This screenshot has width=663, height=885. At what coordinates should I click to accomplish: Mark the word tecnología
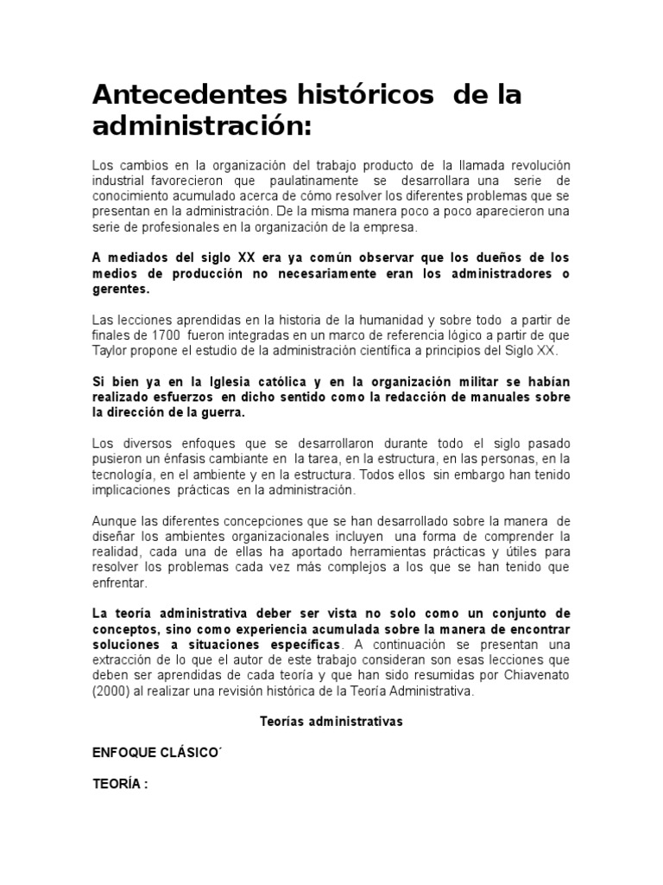click(x=126, y=475)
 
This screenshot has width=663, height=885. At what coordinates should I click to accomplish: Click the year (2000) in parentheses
click(x=113, y=692)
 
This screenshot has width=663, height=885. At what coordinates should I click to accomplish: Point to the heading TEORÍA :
click(x=120, y=785)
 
